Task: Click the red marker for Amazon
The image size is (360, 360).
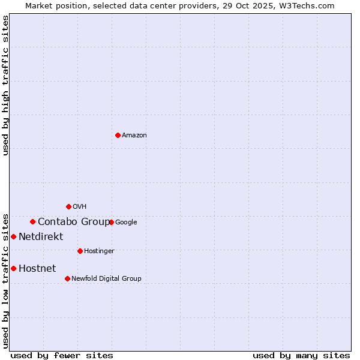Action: click(x=118, y=135)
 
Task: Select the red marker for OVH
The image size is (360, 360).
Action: click(x=68, y=206)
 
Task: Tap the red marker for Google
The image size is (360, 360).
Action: click(x=111, y=222)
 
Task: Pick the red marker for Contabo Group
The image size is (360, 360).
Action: click(x=32, y=221)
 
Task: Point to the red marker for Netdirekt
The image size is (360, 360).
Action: click(x=13, y=236)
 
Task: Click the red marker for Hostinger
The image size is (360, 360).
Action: click(x=80, y=251)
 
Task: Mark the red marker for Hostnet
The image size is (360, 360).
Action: click(x=13, y=268)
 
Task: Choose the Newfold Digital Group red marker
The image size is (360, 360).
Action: click(x=67, y=278)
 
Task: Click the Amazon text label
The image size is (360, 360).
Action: click(x=134, y=136)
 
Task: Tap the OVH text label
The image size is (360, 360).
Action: click(x=80, y=207)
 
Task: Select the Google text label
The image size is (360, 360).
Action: click(x=126, y=223)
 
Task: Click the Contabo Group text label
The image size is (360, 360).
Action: click(x=74, y=222)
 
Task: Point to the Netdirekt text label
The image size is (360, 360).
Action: click(x=41, y=237)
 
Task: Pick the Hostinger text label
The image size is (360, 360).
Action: click(x=99, y=251)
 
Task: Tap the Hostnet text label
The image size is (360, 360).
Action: click(x=37, y=269)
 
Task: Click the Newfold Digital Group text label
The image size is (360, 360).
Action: click(x=106, y=278)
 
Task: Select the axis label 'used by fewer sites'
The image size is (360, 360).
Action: click(x=62, y=355)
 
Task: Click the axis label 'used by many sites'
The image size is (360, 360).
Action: click(x=301, y=355)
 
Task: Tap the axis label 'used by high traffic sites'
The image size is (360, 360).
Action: click(x=5, y=85)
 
